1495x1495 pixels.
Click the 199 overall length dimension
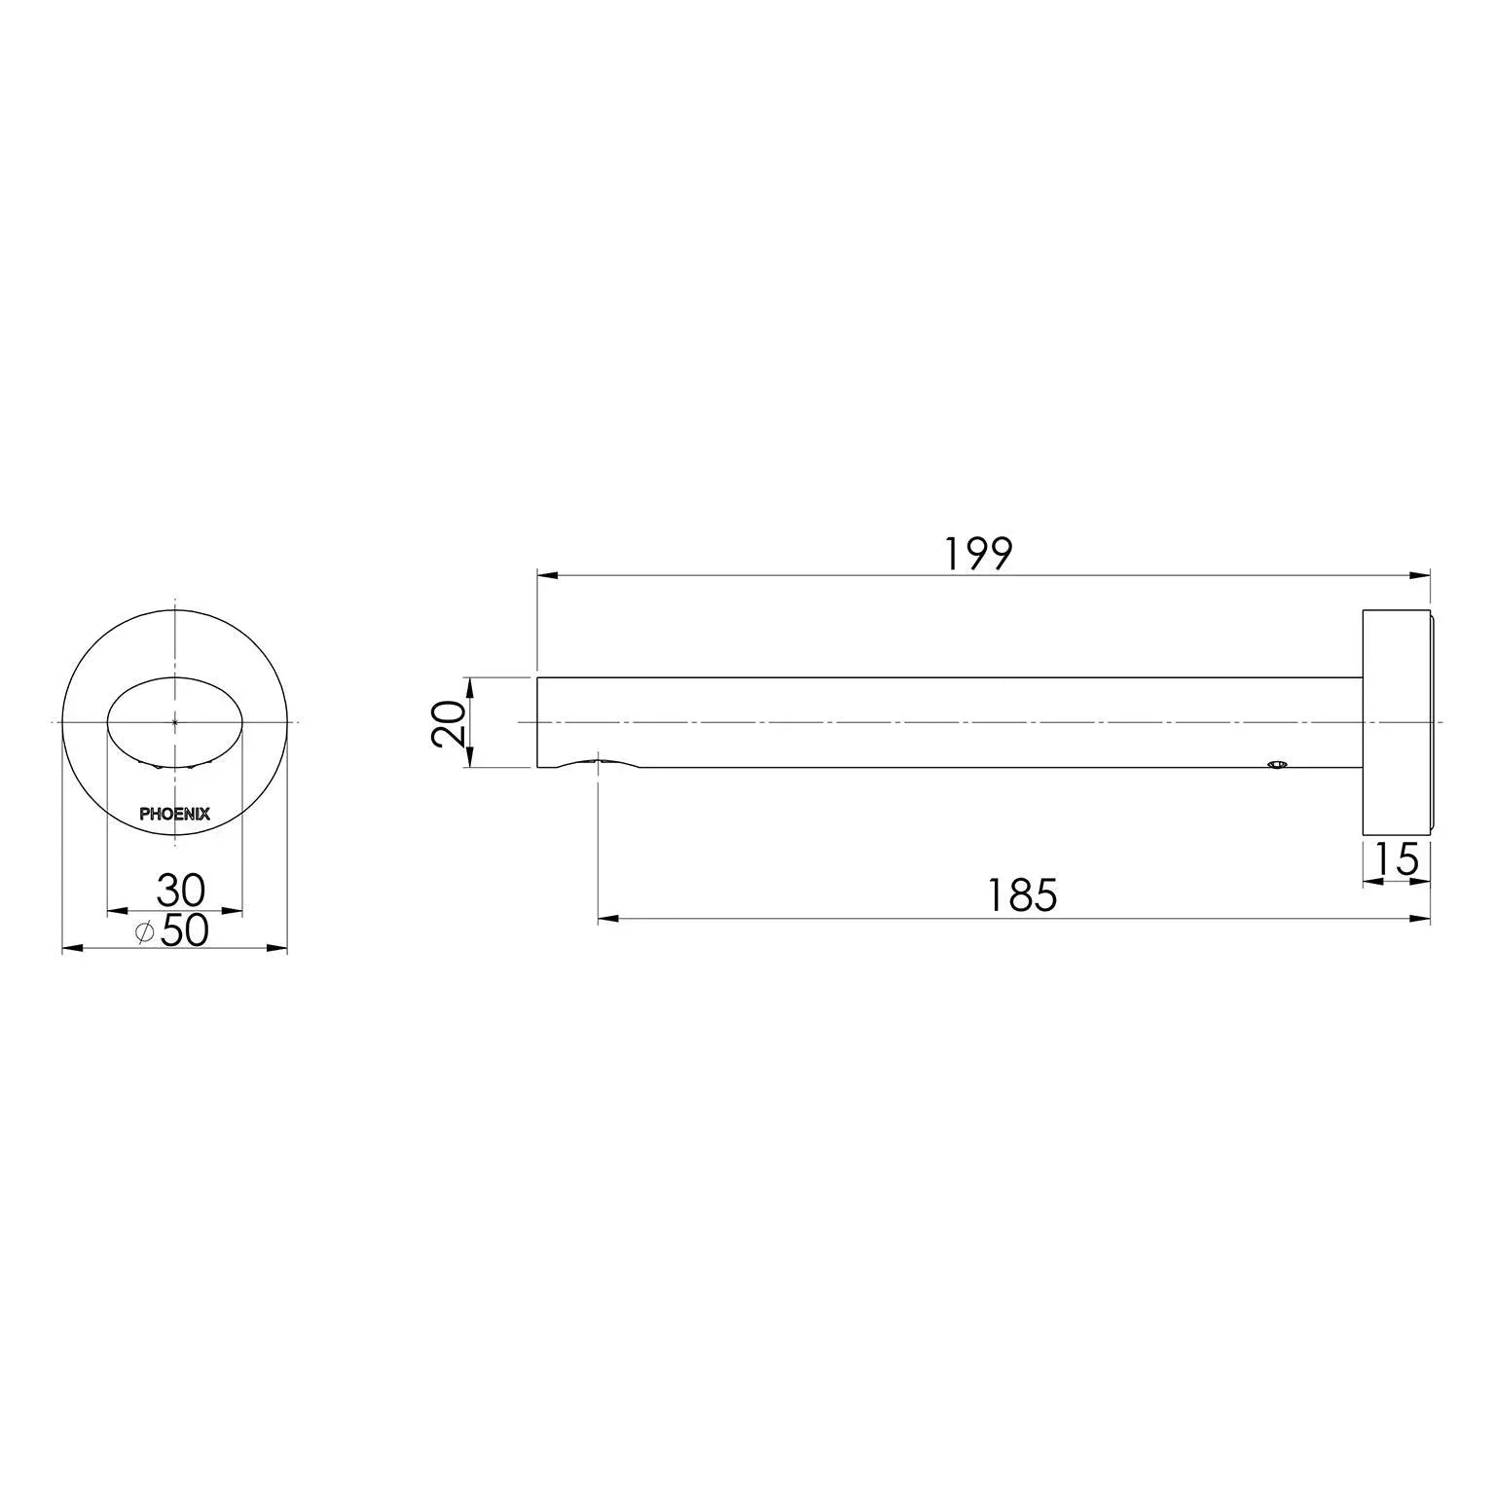[978, 554]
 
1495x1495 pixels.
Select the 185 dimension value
[1022, 895]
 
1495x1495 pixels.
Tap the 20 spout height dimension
[449, 722]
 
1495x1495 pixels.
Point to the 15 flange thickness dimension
[1397, 860]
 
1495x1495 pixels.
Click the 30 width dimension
[180, 890]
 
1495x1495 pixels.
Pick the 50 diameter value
[184, 931]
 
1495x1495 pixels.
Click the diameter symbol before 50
[144, 932]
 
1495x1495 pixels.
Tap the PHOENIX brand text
[174, 815]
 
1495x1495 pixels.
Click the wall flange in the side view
[1397, 722]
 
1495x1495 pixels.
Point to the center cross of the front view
[174, 722]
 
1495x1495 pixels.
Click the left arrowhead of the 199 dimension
[546, 576]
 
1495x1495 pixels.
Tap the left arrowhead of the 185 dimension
[607, 918]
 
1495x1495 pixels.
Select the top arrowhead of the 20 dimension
[469, 685]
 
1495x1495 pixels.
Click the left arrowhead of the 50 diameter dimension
[71, 947]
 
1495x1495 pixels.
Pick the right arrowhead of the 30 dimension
[233, 911]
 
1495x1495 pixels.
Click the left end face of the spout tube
[538, 722]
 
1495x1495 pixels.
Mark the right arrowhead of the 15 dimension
[1421, 883]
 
